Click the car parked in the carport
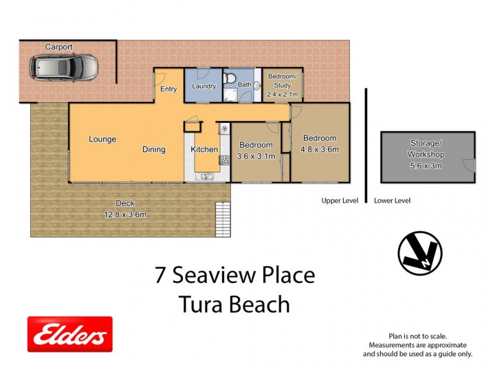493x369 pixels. [65, 67]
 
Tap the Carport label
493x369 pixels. [59, 47]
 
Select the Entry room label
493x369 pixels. [168, 89]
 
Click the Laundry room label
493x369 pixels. [204, 87]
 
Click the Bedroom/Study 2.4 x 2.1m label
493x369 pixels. [282, 85]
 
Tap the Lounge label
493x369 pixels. [102, 139]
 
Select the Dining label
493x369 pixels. [153, 149]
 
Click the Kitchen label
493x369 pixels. [204, 149]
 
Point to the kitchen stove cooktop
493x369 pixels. [224, 161]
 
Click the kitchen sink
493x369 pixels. [205, 177]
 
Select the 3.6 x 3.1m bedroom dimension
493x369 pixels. [257, 157]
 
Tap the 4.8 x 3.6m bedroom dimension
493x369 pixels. [319, 149]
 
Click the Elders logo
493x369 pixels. [70, 334]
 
